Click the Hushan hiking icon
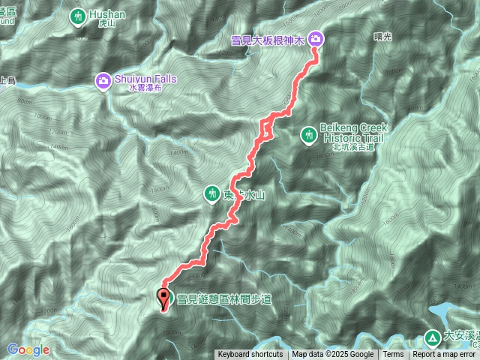(78, 16)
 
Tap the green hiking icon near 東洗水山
(212, 194)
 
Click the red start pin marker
(163, 298)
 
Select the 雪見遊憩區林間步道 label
(223, 299)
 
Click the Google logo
(28, 349)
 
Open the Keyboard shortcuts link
(250, 355)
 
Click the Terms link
(393, 355)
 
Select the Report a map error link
(445, 355)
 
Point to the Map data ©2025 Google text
(333, 355)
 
